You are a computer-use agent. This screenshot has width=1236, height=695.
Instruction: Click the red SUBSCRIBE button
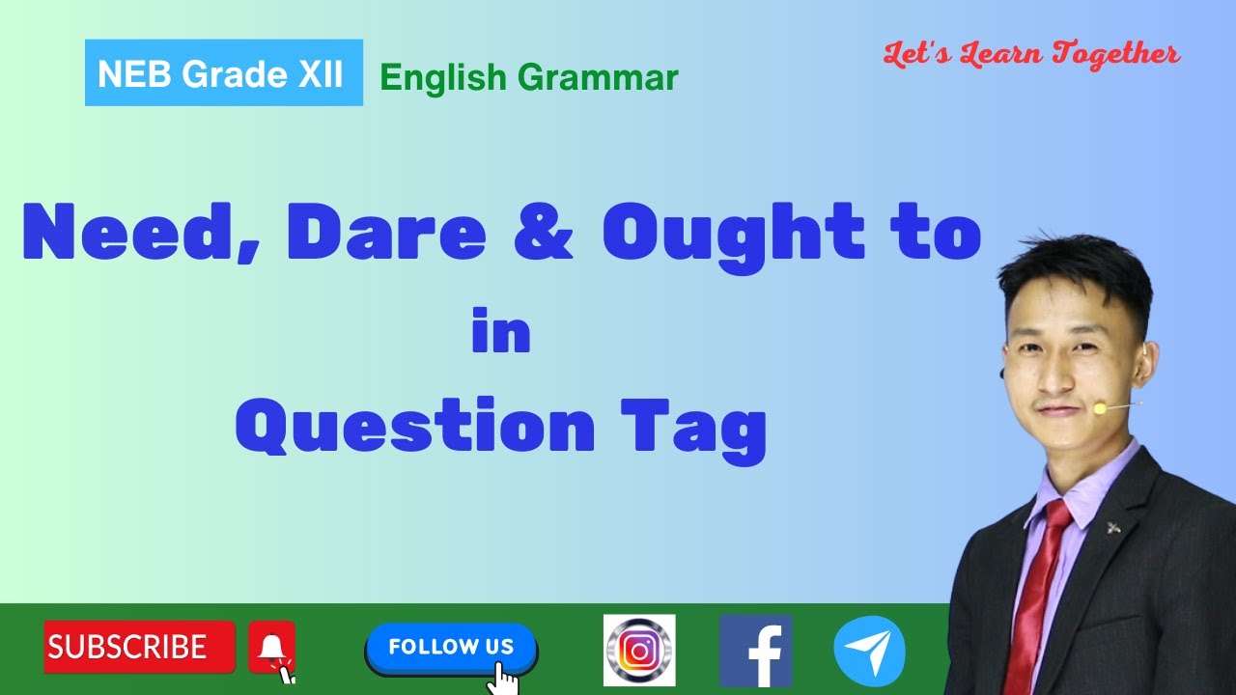[139, 647]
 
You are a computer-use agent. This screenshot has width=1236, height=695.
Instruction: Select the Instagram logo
[639, 651]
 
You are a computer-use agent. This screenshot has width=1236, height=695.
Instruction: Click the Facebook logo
[755, 651]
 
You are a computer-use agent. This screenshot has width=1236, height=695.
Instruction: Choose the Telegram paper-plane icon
[869, 651]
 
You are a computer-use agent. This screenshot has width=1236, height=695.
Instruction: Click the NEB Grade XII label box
[223, 73]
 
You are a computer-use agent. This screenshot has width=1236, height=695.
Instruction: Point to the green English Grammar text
[528, 77]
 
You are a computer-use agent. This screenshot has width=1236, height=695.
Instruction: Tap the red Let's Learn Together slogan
[1031, 54]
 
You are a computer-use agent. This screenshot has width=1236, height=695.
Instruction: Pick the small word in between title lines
[501, 333]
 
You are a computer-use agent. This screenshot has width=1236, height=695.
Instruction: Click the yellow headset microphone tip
[1100, 409]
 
